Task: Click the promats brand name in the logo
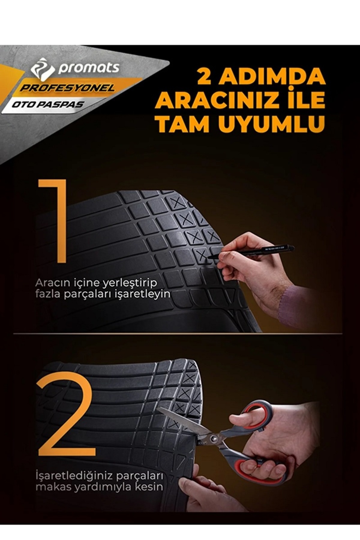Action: pos(88,68)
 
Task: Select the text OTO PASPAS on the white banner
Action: pos(48,105)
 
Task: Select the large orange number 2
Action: pos(66,415)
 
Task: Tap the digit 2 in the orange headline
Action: pos(204,77)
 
